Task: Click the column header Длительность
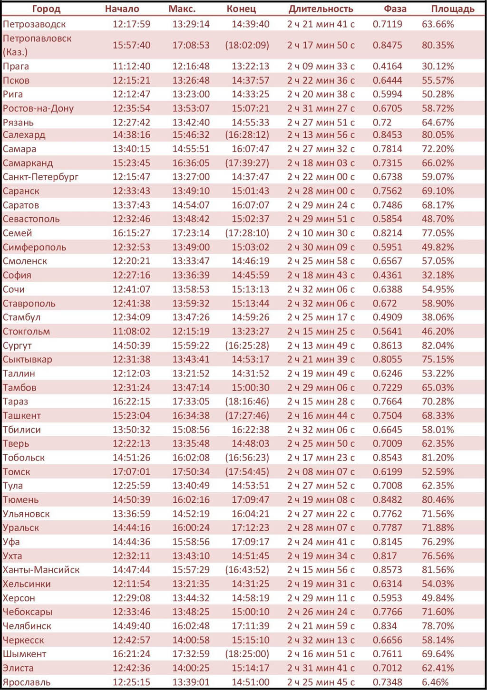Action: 321,9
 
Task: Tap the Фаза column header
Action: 395,9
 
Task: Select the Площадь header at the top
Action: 452,9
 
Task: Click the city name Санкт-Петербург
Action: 40,177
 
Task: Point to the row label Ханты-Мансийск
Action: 41,570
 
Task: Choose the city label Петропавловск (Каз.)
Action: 37,45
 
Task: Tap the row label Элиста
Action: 18,668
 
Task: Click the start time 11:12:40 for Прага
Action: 131,66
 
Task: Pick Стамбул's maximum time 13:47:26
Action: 191,317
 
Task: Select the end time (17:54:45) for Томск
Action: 247,472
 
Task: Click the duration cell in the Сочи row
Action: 321,289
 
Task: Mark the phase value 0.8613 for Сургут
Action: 387,345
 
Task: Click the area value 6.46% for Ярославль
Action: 435,682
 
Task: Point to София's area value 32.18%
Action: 438,275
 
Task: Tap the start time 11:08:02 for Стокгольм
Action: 131,331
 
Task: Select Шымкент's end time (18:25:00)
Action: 247,654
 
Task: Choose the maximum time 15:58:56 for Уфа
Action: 191,542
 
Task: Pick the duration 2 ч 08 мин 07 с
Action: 321,472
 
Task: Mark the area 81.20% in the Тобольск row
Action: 438,458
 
